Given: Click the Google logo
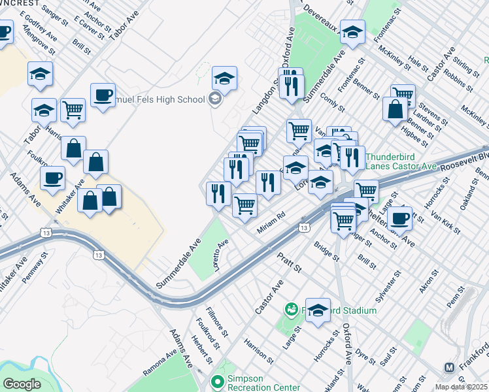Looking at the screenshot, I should (x=22, y=384).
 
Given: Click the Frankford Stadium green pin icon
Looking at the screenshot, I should (x=290, y=308).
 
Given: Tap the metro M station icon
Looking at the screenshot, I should (x=449, y=367).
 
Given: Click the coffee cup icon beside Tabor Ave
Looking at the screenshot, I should (x=103, y=95).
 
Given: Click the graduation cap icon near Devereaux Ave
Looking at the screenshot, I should (x=352, y=32).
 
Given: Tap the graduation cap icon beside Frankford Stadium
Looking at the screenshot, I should (x=318, y=311).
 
